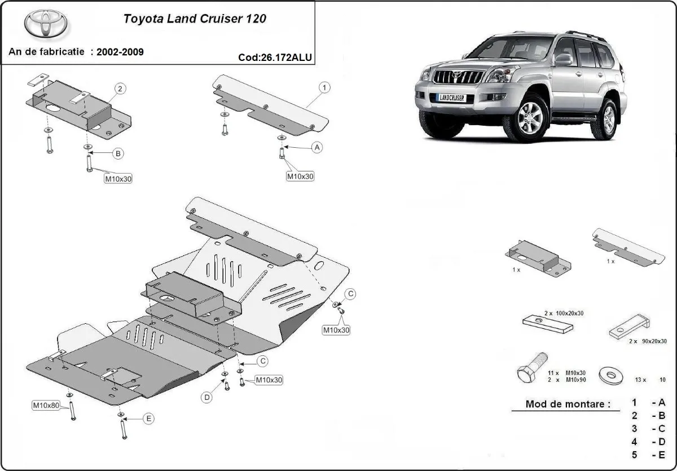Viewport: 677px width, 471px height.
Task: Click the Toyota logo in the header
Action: (45, 24)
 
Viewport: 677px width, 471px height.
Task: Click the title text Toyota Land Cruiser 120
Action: (195, 18)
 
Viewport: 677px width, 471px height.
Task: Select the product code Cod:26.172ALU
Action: (275, 57)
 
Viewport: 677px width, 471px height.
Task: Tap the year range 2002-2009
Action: (120, 52)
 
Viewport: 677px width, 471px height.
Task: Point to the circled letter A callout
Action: (317, 148)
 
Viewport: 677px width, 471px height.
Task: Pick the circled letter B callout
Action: (118, 153)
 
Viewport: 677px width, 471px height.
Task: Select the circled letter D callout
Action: (207, 398)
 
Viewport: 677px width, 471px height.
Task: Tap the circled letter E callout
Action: (148, 419)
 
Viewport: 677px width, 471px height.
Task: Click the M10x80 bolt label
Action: (46, 405)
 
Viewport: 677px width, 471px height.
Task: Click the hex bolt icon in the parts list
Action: (531, 370)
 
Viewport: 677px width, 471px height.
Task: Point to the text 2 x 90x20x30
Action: (643, 341)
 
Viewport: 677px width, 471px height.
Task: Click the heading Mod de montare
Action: (568, 404)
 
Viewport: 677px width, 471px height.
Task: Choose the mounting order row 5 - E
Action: (648, 455)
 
